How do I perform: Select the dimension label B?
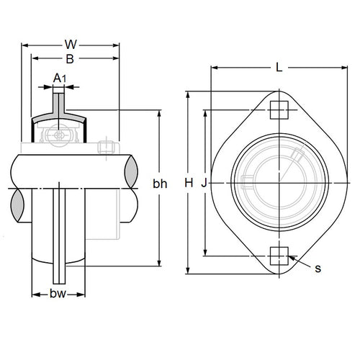tap(70, 59)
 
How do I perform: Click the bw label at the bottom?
tap(58, 294)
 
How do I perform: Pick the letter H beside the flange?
tap(188, 183)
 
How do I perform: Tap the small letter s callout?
tap(318, 269)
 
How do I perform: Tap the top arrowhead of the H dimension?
tap(188, 94)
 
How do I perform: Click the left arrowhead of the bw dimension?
tap(34, 294)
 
